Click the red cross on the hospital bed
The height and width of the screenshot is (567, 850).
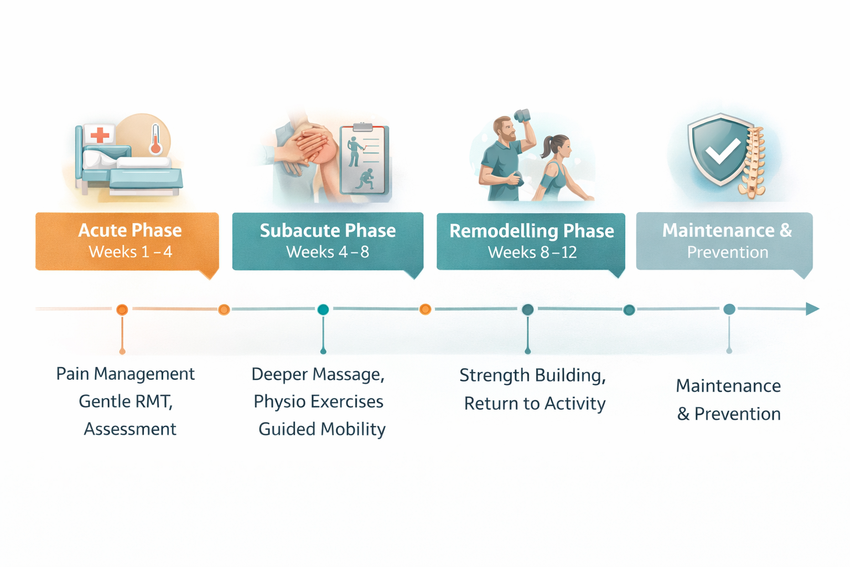tap(100, 135)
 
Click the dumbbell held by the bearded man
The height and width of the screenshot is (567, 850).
tap(522, 115)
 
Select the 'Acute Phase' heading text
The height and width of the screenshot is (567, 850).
tap(130, 230)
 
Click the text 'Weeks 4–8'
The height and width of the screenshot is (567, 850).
tap(328, 252)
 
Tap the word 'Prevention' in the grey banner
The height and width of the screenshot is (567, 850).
tap(728, 252)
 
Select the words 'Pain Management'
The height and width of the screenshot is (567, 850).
tap(126, 374)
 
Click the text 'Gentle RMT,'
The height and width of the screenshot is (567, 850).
tap(126, 401)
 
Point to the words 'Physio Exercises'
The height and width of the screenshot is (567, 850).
tap(318, 401)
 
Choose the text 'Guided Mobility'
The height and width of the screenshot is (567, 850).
tap(322, 429)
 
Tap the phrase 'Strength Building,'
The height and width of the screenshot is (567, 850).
tap(532, 375)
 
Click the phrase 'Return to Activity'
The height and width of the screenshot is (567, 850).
tap(535, 404)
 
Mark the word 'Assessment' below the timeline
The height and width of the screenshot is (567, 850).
tap(130, 429)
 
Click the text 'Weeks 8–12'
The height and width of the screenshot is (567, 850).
tap(532, 252)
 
